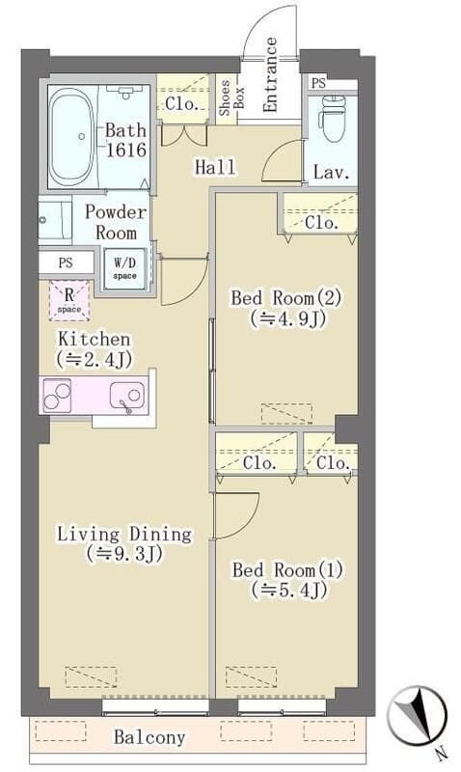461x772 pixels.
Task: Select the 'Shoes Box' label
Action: tap(224, 98)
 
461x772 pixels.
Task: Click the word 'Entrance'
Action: tap(271, 75)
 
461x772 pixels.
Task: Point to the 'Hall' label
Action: tap(215, 167)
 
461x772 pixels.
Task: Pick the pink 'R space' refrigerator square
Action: tap(69, 300)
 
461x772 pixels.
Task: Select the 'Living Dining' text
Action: tap(123, 534)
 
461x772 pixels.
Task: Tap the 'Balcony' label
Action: tap(149, 737)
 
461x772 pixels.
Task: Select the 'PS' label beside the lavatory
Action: tap(318, 84)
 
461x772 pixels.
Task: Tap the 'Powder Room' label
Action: tap(116, 222)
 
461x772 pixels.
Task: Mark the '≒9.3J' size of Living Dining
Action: tap(123, 554)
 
